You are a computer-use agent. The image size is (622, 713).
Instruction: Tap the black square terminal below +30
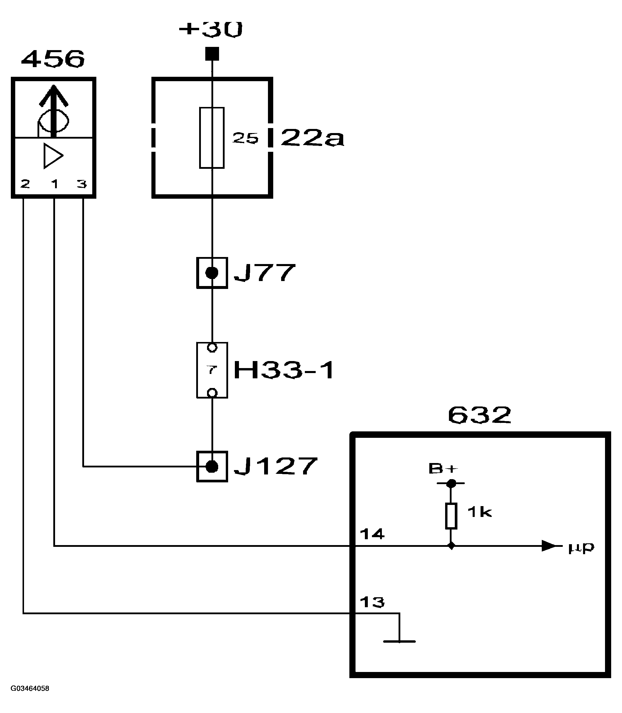(x=212, y=54)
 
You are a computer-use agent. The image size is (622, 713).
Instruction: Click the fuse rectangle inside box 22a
(x=212, y=138)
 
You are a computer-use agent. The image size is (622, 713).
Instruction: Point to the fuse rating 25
(x=245, y=138)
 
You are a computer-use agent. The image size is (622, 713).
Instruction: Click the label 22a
(x=312, y=138)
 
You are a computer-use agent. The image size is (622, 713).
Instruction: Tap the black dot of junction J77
(x=212, y=273)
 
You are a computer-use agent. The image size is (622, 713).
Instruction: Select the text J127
(x=276, y=467)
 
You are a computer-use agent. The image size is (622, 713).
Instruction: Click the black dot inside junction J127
(x=212, y=467)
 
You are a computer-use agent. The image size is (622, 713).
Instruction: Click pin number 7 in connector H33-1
(x=212, y=370)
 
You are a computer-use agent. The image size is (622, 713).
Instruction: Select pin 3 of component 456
(x=82, y=184)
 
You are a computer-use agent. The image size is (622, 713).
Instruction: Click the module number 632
(x=479, y=415)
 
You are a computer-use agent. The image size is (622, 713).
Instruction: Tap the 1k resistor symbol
(x=451, y=516)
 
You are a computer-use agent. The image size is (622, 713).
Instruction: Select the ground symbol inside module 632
(x=399, y=641)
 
